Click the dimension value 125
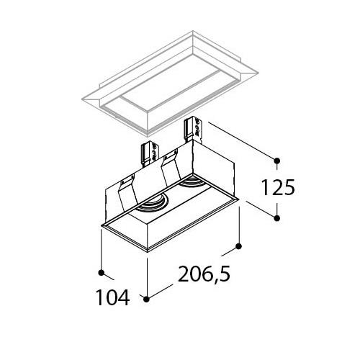point(278,187)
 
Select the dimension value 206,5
point(204,274)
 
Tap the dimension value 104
point(112,297)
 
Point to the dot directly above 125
point(276,160)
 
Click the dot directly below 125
point(276,218)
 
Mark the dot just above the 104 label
point(102,273)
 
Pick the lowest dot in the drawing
point(147,299)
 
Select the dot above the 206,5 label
point(239,246)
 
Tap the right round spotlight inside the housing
point(192,182)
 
